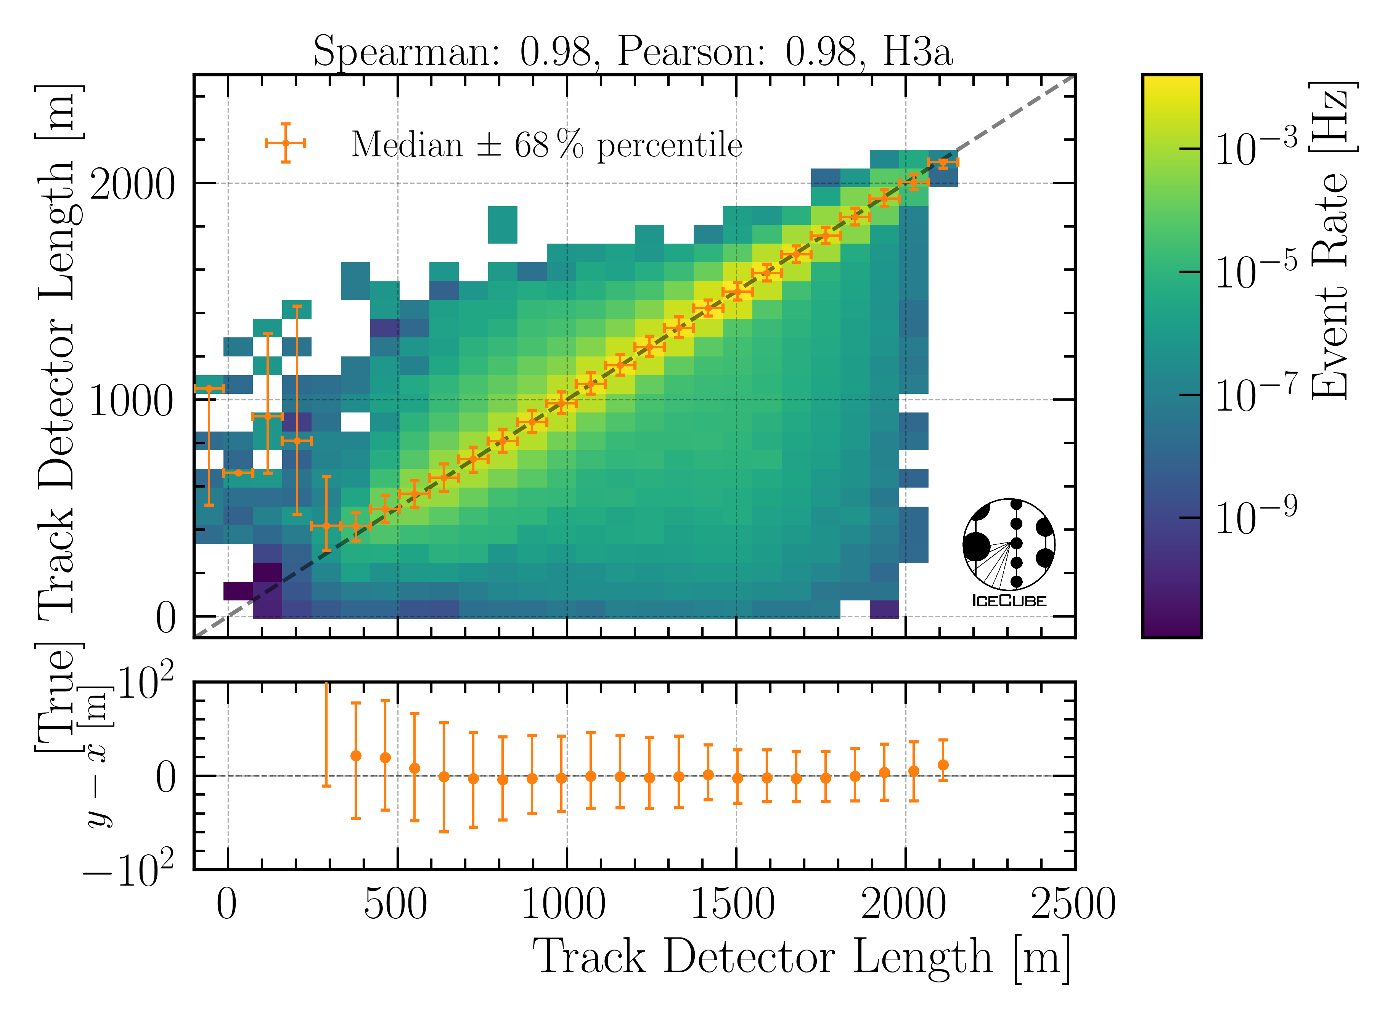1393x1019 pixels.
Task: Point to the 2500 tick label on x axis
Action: (x=1073, y=905)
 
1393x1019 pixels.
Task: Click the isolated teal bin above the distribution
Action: (x=502, y=225)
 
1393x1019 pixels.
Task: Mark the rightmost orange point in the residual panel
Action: (x=943, y=765)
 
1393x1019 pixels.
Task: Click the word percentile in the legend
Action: (x=669, y=146)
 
